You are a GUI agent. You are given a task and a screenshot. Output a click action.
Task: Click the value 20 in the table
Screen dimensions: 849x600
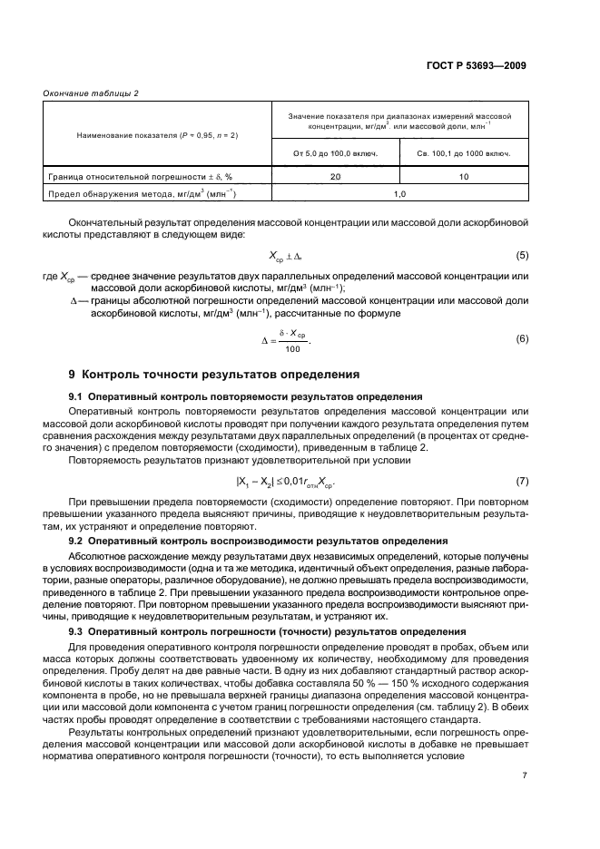point(335,176)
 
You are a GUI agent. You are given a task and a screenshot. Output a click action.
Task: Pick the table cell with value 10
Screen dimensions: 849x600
point(464,176)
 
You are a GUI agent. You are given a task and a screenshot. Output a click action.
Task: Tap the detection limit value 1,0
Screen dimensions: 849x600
point(399,193)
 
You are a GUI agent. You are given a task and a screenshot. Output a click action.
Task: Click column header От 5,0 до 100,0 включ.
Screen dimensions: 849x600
point(335,152)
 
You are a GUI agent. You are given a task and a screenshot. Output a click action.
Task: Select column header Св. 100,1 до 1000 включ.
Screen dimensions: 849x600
point(464,152)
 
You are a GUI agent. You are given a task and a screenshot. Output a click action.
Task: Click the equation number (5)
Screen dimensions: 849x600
point(521,257)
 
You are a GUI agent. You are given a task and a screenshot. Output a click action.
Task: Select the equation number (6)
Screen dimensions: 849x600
point(521,338)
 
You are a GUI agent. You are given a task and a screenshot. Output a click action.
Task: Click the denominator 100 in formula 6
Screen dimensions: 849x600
point(291,348)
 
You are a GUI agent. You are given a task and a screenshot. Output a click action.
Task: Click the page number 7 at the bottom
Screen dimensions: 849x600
point(524,774)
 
